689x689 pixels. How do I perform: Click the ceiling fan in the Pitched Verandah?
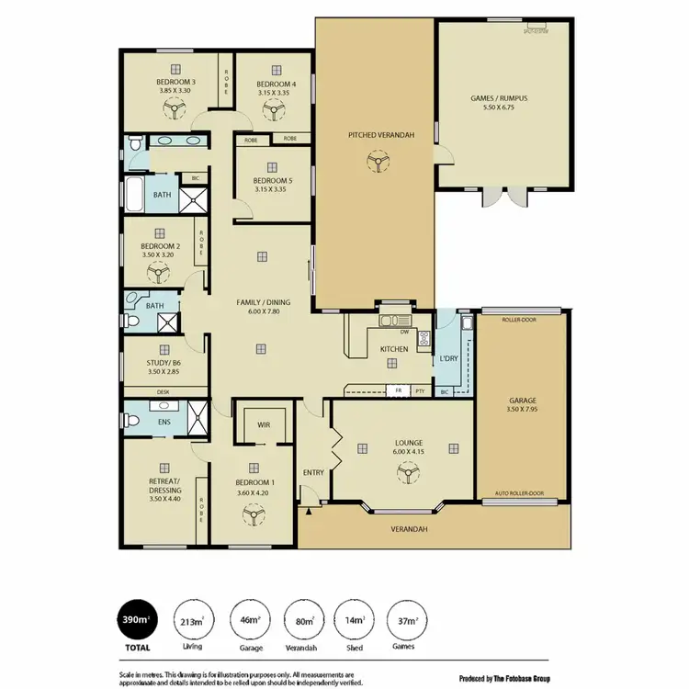[x=374, y=163]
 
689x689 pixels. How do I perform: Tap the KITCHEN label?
[x=394, y=349]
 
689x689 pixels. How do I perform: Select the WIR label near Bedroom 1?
[x=263, y=424]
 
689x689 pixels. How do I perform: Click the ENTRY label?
[x=313, y=473]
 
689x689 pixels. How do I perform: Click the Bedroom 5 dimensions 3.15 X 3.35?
[x=271, y=190]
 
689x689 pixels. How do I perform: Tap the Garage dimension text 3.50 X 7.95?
[x=522, y=411]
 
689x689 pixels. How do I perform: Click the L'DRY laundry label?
[x=449, y=358]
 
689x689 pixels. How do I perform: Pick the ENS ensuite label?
[x=164, y=422]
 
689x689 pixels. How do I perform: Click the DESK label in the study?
[x=163, y=392]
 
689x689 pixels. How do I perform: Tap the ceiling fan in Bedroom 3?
[x=173, y=110]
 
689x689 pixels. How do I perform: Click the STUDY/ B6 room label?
[x=163, y=363]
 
